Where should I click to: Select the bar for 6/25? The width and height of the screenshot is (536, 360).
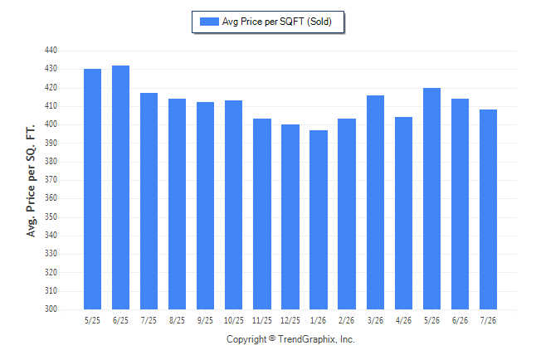[120, 187]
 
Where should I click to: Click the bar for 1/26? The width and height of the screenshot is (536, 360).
[319, 220]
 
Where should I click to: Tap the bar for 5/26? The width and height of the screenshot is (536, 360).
[431, 198]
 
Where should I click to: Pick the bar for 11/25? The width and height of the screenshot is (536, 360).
[262, 214]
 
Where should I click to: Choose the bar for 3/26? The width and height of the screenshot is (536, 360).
[375, 202]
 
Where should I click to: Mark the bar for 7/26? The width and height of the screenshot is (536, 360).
[488, 210]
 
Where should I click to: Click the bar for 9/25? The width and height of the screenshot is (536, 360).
[206, 206]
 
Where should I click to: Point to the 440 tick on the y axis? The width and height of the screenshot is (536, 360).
[51, 51]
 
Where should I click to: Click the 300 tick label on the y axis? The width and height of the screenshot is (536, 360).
[51, 309]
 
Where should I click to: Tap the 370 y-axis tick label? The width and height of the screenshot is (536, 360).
[51, 180]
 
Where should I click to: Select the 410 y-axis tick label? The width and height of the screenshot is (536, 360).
[51, 106]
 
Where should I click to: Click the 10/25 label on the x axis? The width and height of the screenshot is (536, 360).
[234, 321]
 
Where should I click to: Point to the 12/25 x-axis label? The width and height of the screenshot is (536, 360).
[290, 321]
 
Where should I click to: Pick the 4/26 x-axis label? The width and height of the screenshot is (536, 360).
[404, 321]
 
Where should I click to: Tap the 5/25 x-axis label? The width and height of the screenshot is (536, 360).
[92, 321]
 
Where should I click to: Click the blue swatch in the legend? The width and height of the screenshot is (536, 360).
[209, 22]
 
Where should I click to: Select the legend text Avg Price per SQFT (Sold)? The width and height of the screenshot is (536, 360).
[277, 22]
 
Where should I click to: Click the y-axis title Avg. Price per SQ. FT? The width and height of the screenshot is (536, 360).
[31, 181]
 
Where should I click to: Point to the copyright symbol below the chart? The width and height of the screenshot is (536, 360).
[272, 338]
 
